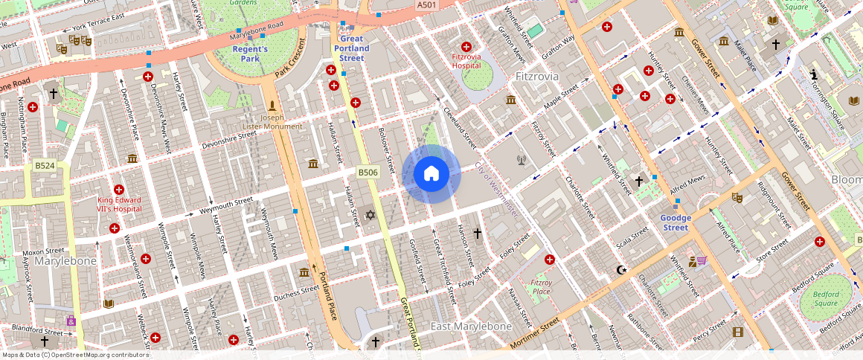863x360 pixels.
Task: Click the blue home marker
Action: [x=431, y=175]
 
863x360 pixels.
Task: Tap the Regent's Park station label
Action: [x=249, y=54]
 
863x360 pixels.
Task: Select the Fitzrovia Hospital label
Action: [x=466, y=60]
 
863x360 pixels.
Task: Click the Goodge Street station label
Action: [x=676, y=222]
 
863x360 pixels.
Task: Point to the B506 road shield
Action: [x=368, y=173]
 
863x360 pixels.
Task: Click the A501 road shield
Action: [x=426, y=5]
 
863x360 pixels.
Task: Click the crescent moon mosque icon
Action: [x=622, y=269]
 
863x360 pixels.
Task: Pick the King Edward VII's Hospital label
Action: [x=119, y=205]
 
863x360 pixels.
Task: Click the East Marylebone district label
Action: [x=472, y=327]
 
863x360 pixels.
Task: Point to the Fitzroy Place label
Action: [x=541, y=287]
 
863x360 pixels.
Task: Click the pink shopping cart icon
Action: [x=702, y=260]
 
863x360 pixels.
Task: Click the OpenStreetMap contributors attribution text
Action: [x=74, y=355]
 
